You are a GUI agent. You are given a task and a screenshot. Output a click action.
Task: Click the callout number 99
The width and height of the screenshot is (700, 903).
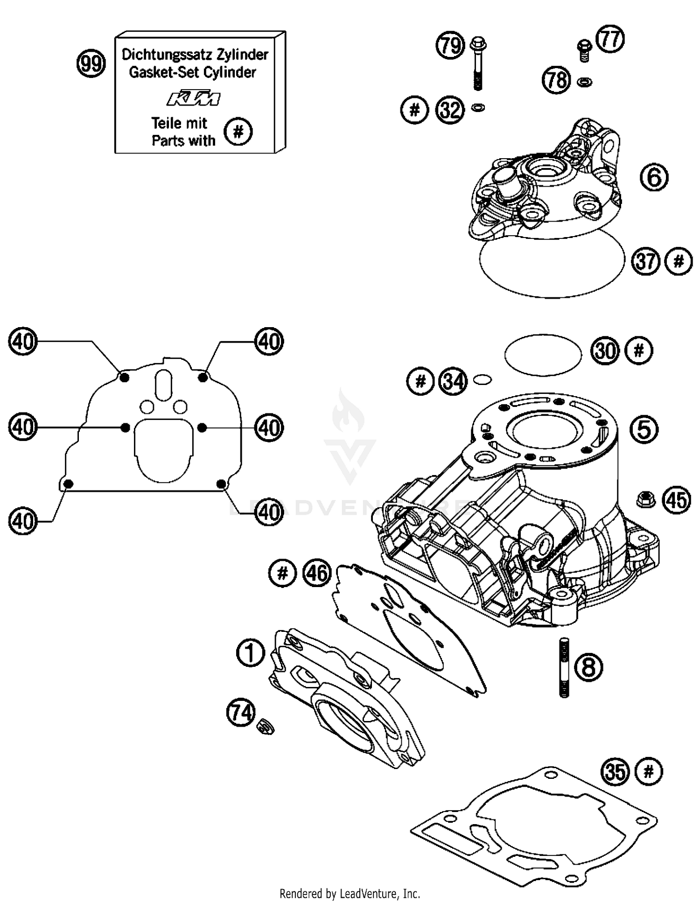[x=91, y=63]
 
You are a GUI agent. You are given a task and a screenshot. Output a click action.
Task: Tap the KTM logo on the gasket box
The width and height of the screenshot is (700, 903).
[x=193, y=98]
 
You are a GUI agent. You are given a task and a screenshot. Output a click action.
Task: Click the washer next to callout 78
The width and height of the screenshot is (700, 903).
[x=584, y=82]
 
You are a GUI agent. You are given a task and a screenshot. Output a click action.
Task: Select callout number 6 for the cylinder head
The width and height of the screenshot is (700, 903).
[x=654, y=177]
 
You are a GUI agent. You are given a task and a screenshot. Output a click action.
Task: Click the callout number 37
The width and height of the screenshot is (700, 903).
[x=646, y=261]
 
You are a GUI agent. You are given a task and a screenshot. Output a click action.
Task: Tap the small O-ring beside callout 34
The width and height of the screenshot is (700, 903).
[x=482, y=380]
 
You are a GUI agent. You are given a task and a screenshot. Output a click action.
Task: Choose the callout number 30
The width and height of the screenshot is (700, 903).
[x=605, y=351]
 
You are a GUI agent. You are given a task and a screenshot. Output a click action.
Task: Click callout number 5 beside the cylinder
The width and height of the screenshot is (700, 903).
[x=644, y=429]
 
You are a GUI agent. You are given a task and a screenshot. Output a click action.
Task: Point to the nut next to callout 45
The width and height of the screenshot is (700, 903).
[x=645, y=500]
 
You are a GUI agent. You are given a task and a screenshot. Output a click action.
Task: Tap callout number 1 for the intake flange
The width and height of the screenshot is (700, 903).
[x=251, y=653]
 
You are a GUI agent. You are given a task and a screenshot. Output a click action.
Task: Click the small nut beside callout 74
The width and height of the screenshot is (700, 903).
[x=266, y=726]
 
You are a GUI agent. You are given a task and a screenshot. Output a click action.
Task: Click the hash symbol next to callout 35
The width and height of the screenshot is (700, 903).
[x=649, y=771]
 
